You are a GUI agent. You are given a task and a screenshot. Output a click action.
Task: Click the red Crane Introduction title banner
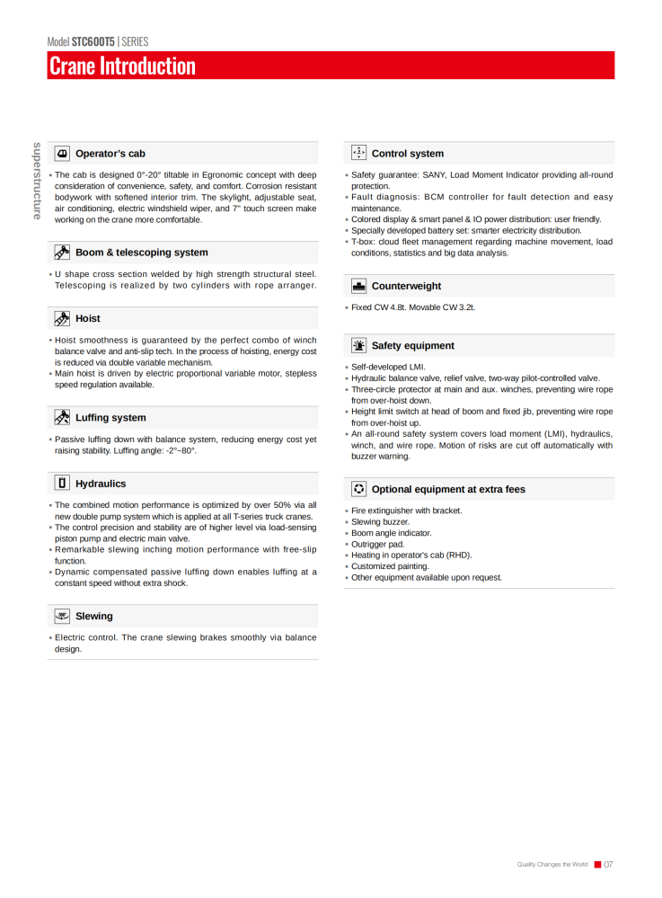point(331,66)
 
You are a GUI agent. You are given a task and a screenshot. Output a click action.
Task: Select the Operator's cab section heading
point(110,154)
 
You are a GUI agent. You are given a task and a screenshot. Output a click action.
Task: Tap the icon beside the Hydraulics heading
point(62,483)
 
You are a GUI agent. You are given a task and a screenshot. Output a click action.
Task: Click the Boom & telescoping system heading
point(141,253)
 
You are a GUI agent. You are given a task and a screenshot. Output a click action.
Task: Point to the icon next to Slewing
point(62,616)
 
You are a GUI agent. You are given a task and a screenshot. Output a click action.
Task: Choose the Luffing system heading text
point(110,418)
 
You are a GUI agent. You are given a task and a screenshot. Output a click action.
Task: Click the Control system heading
point(407,154)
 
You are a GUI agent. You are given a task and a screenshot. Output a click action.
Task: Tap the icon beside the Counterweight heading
point(358,286)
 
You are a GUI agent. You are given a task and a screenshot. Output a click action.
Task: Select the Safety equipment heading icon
point(358,345)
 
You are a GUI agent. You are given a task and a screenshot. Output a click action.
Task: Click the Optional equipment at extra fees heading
point(448,489)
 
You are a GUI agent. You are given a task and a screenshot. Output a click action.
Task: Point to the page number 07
point(608,865)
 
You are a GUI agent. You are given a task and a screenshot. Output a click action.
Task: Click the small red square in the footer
point(597,865)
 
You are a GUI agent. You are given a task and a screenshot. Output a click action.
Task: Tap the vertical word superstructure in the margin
point(37,180)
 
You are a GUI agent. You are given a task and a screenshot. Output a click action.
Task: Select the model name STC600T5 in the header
point(93,41)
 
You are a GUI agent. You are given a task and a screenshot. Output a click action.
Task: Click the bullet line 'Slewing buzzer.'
point(380,521)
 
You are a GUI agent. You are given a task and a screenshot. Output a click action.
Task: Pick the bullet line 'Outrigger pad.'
point(377,544)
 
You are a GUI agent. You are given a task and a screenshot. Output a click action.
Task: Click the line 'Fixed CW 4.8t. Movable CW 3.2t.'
point(413,307)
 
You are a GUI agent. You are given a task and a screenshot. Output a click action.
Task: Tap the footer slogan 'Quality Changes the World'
point(552,865)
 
